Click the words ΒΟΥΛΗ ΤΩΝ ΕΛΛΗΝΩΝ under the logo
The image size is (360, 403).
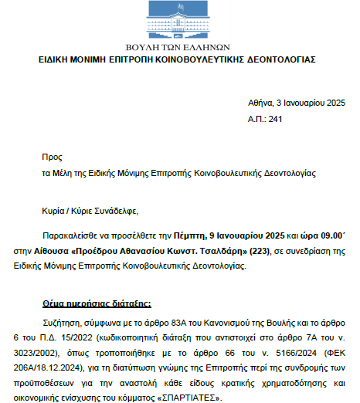180,47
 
